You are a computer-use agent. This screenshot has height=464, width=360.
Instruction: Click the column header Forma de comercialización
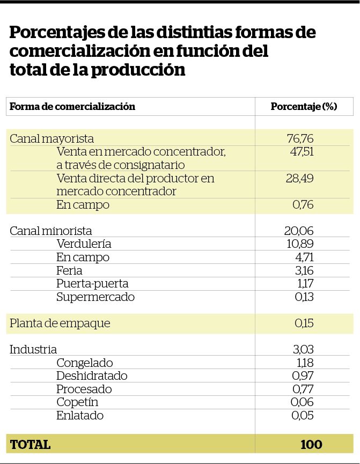click(x=72, y=106)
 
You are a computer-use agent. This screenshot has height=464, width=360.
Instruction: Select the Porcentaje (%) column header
click(x=304, y=106)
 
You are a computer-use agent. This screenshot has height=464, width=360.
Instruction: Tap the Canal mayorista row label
click(x=52, y=138)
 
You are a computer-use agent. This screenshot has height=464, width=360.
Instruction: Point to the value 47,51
click(x=300, y=152)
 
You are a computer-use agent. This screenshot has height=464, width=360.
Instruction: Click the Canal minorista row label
click(x=51, y=231)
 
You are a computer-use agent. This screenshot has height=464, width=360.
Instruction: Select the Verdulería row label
click(x=84, y=244)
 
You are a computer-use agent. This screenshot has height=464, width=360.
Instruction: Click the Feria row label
click(x=69, y=270)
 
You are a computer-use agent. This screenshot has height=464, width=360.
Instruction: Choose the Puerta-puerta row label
click(x=92, y=283)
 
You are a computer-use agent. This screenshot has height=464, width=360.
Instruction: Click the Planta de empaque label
click(x=60, y=323)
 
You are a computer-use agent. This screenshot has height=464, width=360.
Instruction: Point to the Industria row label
click(x=33, y=350)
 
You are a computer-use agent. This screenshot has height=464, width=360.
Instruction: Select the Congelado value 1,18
click(x=304, y=363)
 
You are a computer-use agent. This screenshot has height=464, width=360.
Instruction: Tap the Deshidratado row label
click(x=92, y=375)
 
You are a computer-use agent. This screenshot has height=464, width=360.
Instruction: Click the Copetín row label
click(x=77, y=402)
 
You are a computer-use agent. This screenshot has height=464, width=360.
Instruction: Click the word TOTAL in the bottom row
click(x=30, y=444)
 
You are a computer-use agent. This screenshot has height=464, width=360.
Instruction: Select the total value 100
click(x=311, y=444)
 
